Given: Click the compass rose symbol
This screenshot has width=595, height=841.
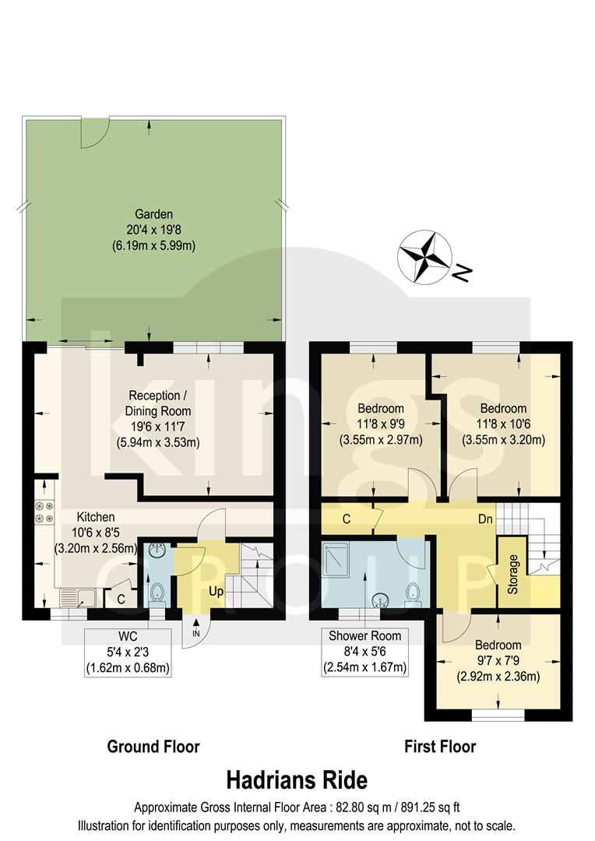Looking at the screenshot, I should coord(425,257).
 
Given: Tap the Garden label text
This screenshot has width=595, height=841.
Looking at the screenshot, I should coord(153,214).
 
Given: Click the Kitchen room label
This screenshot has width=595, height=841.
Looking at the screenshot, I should coord(96,517).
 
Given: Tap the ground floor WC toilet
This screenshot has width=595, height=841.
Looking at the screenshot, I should coord(157,593).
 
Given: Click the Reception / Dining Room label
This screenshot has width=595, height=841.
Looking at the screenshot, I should coord(160,403).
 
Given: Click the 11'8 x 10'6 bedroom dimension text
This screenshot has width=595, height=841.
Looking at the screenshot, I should coord(503,424).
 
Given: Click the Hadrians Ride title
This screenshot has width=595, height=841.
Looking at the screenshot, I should coord(296,779).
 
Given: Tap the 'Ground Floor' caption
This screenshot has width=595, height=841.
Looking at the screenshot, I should coord(153,747).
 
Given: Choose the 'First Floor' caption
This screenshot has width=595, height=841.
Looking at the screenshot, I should coord(439,747).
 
